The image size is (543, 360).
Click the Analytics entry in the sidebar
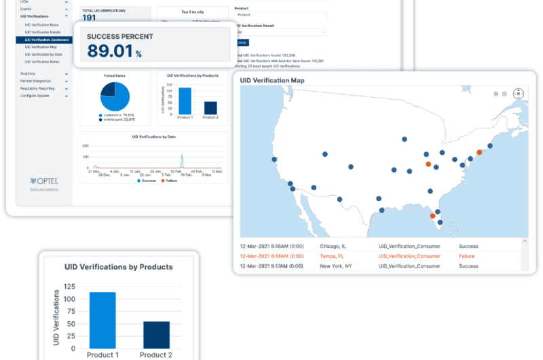coord(28,73)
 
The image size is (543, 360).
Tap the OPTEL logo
coord(44,181)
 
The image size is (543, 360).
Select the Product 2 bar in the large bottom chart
coord(156,334)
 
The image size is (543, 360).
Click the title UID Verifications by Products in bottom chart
coord(118,267)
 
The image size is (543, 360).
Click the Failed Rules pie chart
coord(115,96)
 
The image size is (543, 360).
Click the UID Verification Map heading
coord(272,80)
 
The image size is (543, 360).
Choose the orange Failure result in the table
coord(467,256)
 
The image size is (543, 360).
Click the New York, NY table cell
coord(337,266)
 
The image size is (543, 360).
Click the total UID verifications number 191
coord(89,18)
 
